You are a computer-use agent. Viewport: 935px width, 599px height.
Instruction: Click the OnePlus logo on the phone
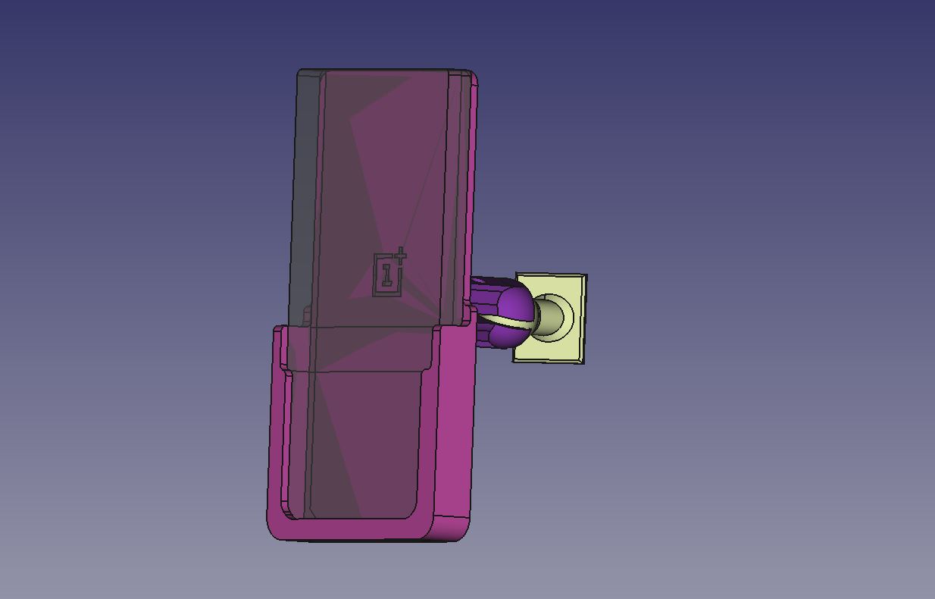[x=389, y=272]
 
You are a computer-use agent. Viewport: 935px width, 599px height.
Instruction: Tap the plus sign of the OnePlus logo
[x=401, y=256]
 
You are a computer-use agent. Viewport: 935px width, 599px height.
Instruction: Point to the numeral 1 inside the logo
[x=387, y=275]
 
